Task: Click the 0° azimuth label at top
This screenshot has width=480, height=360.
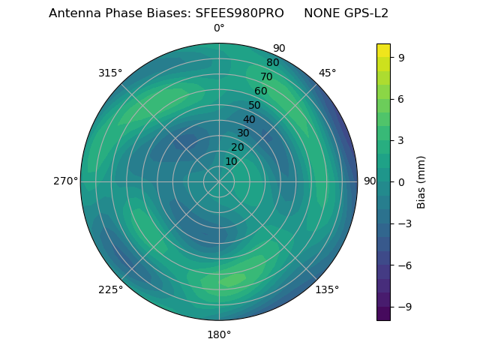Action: (219, 28)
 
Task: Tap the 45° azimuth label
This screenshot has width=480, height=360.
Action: (327, 73)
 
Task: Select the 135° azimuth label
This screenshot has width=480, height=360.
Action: (327, 289)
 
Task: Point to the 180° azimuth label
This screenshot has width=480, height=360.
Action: (219, 334)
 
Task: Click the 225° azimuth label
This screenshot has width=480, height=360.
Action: (110, 289)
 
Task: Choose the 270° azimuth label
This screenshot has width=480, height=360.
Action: (65, 181)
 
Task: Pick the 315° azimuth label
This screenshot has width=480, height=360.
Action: (110, 73)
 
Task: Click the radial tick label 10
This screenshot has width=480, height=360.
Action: (231, 161)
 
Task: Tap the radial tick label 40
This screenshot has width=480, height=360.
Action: (249, 119)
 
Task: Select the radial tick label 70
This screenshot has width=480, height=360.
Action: (266, 76)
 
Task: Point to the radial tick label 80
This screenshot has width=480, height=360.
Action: (272, 62)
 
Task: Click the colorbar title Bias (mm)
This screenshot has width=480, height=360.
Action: (421, 181)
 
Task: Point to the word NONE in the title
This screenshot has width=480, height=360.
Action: (321, 13)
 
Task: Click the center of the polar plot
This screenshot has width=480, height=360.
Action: (219, 181)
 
